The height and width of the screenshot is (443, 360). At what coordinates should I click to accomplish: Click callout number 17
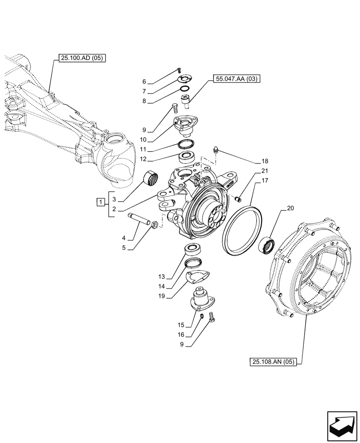tap(265, 181)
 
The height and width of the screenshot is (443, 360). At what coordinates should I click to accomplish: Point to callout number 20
tap(290, 208)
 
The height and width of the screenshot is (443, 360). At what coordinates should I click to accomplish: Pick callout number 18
tap(265, 161)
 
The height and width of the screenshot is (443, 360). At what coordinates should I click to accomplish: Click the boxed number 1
tap(101, 203)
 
